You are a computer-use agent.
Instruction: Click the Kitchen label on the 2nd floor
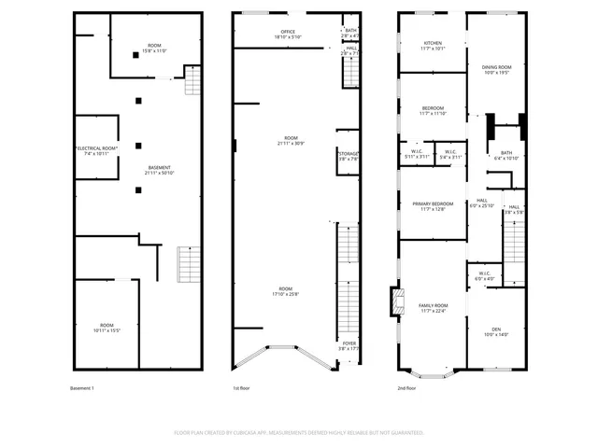point(433,43)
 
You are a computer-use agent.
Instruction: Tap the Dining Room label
point(496,67)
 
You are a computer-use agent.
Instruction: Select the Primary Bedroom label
point(433,204)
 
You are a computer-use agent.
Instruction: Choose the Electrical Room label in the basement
point(96,148)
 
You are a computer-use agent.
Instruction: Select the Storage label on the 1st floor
point(349,154)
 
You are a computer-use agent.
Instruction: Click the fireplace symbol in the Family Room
point(394,301)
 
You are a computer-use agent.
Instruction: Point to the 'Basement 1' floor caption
point(82,387)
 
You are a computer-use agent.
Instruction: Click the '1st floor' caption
point(242,387)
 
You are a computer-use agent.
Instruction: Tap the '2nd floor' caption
point(407,387)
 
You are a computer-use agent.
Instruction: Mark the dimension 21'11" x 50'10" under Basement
point(158,174)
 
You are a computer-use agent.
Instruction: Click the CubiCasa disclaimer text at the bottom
point(299,433)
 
